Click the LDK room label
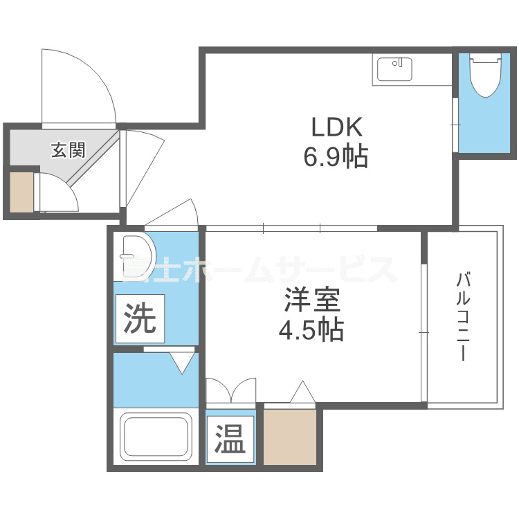[x=336, y=128]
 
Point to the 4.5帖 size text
[x=311, y=331]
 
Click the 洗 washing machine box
[x=140, y=318]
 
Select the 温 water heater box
[x=230, y=438]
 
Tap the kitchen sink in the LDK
[x=394, y=69]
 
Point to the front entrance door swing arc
[x=78, y=86]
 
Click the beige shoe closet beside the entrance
[x=21, y=191]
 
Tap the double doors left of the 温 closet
[x=231, y=392]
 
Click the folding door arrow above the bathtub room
[x=181, y=361]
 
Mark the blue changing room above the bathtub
[x=156, y=381]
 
